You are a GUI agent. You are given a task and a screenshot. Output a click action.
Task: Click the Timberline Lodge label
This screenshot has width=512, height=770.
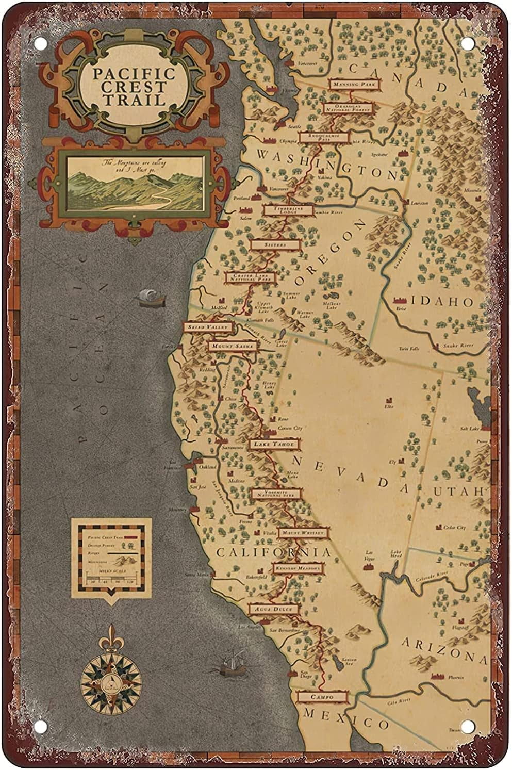pyautogui.click(x=288, y=209)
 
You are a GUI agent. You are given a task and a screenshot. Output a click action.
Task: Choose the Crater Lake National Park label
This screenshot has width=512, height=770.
pyautogui.click(x=250, y=278)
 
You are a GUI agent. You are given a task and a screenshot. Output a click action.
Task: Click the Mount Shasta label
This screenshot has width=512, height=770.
pyautogui.click(x=232, y=346)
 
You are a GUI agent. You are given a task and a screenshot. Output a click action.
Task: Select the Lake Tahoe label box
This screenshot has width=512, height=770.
pyautogui.click(x=274, y=444)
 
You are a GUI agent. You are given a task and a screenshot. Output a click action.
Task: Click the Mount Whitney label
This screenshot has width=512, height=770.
pyautogui.click(x=303, y=532)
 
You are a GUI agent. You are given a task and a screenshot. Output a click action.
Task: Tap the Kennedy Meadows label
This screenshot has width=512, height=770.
pyautogui.click(x=298, y=568)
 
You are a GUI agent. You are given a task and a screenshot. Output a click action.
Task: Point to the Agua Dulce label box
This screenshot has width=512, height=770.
pyautogui.click(x=273, y=609)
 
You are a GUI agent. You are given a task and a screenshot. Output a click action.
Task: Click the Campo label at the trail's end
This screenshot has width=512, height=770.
pyautogui.click(x=323, y=697)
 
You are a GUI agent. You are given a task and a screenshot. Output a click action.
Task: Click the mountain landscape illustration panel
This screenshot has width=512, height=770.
pyautogui.click(x=136, y=183)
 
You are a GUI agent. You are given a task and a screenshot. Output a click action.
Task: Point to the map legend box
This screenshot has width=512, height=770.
pyautogui.click(x=111, y=558)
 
